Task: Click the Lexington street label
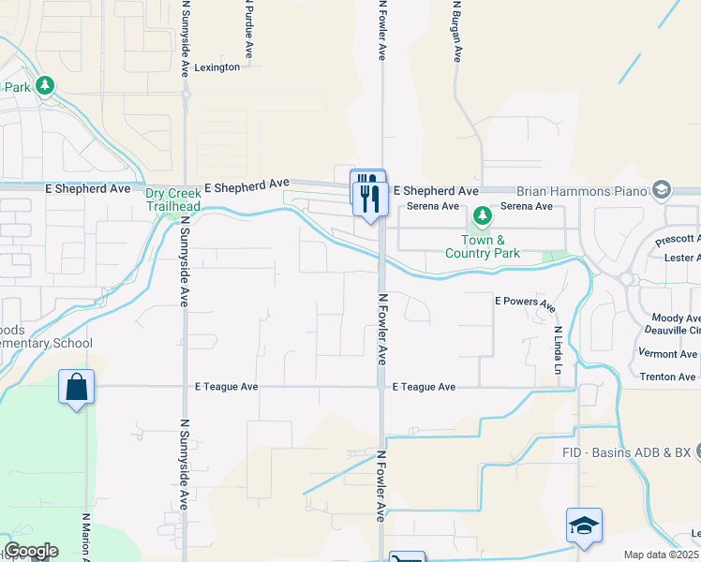[217, 67]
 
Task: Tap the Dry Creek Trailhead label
[172, 200]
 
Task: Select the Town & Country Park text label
[482, 246]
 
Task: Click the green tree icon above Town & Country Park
[482, 217]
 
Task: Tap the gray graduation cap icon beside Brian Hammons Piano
[663, 190]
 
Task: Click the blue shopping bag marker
[76, 386]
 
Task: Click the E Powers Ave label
[525, 303]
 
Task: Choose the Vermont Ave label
[668, 354]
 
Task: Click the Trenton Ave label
[667, 377]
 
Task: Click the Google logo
[31, 551]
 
